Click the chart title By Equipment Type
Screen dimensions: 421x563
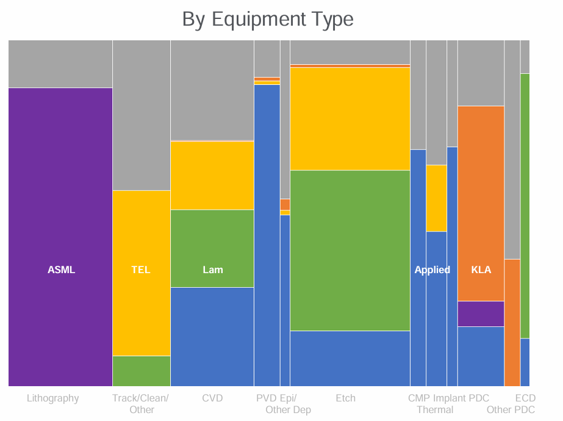pyautogui.click(x=268, y=19)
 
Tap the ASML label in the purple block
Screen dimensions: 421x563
pyautogui.click(x=61, y=269)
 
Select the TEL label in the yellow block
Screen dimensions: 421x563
pyautogui.click(x=140, y=269)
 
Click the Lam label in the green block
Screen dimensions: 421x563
pyautogui.click(x=213, y=269)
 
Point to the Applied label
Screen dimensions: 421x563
pyautogui.click(x=432, y=269)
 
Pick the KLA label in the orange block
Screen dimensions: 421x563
pyautogui.click(x=481, y=269)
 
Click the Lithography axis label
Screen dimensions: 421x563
pyautogui.click(x=53, y=398)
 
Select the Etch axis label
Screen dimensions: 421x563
pyautogui.click(x=345, y=398)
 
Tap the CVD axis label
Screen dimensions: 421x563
pyautogui.click(x=212, y=398)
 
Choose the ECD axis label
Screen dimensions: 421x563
pyautogui.click(x=525, y=398)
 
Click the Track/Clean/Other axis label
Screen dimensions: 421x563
pyautogui.click(x=141, y=404)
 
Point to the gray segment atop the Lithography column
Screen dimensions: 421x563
pyautogui.click(x=60, y=64)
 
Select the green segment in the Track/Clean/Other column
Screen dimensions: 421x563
pyautogui.click(x=142, y=371)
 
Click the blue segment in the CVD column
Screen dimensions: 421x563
pyautogui.click(x=212, y=337)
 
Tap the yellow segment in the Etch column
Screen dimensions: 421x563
pyautogui.click(x=350, y=119)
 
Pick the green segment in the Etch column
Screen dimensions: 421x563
pyautogui.click(x=350, y=251)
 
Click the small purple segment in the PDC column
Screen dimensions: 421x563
pyautogui.click(x=481, y=313)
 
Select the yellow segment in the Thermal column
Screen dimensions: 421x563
pyautogui.click(x=436, y=198)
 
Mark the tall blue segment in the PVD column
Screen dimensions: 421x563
pyautogui.click(x=267, y=235)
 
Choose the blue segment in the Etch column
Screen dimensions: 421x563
pyautogui.click(x=350, y=359)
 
